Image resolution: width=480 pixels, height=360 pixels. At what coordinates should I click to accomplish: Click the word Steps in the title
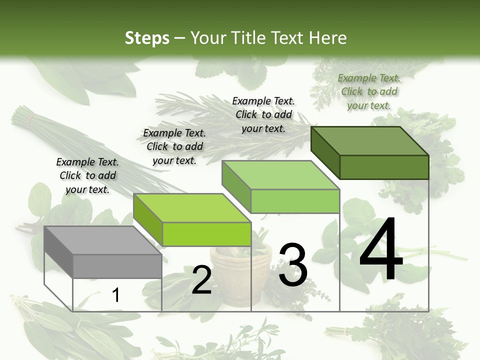click(147, 38)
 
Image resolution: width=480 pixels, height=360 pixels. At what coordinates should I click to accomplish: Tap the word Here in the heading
click(328, 38)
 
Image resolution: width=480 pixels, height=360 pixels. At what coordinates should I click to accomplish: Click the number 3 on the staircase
click(292, 265)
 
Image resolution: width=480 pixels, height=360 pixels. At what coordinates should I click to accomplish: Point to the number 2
click(201, 280)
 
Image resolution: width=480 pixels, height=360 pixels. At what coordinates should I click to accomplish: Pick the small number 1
click(115, 295)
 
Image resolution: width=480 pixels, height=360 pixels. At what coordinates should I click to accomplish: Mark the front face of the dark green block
click(384, 167)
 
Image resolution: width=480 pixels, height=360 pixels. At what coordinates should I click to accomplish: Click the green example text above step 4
click(369, 91)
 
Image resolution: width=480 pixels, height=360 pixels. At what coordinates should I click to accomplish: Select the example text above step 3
click(263, 114)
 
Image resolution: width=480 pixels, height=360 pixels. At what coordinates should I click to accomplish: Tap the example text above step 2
click(174, 146)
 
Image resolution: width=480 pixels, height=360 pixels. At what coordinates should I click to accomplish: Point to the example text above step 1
click(87, 175)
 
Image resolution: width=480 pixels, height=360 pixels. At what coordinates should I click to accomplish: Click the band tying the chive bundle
click(32, 118)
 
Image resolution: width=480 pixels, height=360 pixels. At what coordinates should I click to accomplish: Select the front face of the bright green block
click(206, 234)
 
